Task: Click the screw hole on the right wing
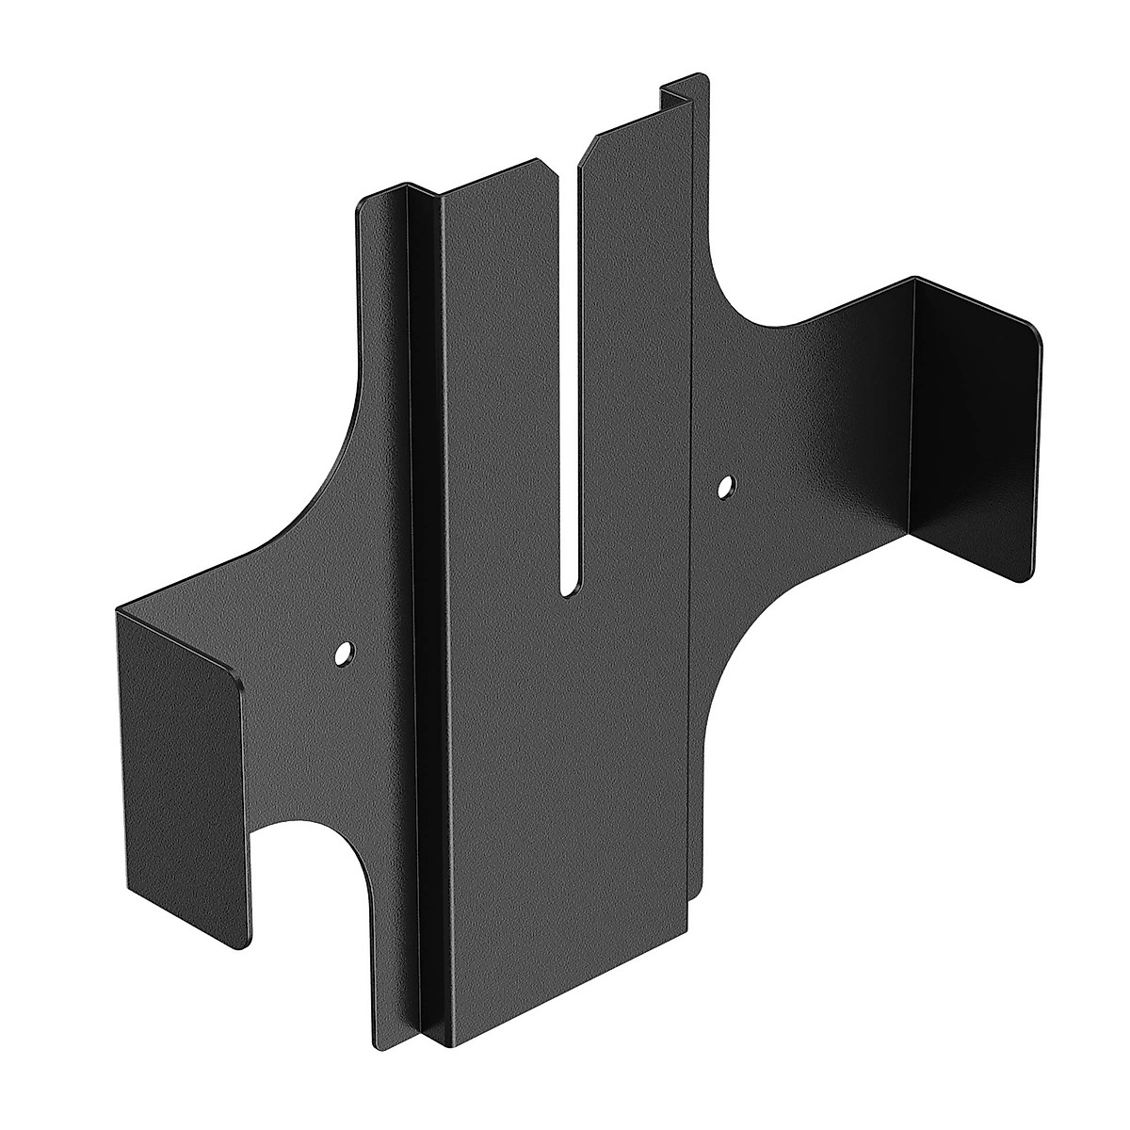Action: [x=725, y=487]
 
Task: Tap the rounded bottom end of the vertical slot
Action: [x=571, y=590]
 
